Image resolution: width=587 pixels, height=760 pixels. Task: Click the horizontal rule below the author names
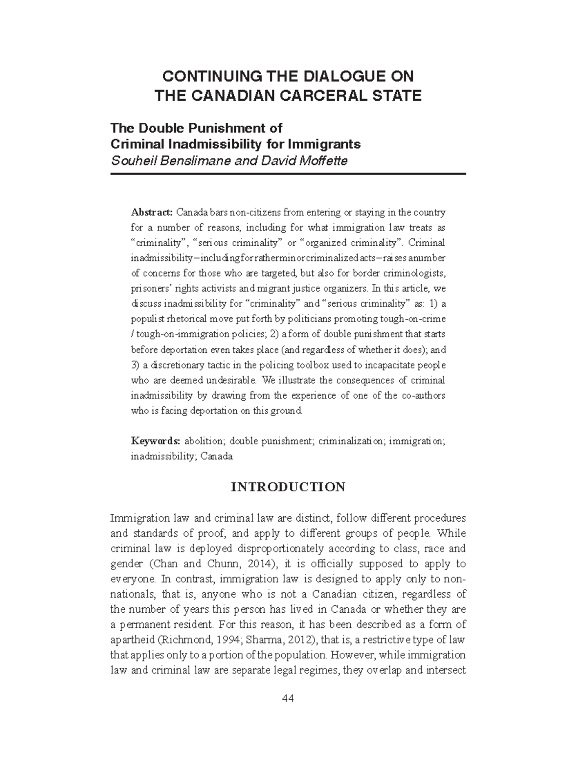point(288,174)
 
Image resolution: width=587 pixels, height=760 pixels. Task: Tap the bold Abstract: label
point(152,213)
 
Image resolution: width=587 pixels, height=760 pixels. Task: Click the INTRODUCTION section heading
point(288,487)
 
